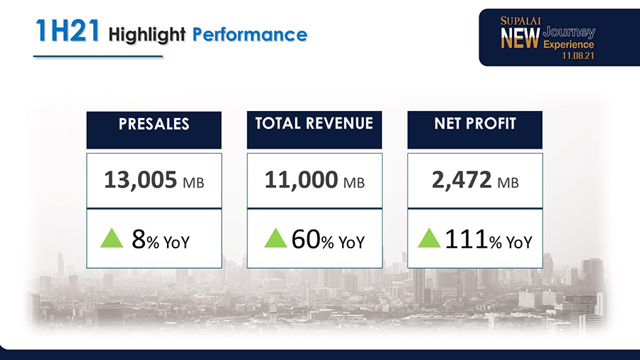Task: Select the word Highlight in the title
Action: pyautogui.click(x=147, y=33)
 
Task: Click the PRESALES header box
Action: pyautogui.click(x=154, y=125)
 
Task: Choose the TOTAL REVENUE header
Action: pyautogui.click(x=314, y=124)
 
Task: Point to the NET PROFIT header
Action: pyautogui.click(x=475, y=125)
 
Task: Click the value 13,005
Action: pyautogui.click(x=140, y=181)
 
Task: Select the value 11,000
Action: pyautogui.click(x=301, y=181)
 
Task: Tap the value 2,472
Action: pyautogui.click(x=461, y=181)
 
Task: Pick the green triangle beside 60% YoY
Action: pyautogui.click(x=275, y=238)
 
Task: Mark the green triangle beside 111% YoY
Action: pyautogui.click(x=429, y=238)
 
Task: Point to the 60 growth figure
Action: pyautogui.click(x=305, y=240)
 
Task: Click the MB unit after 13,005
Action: pyautogui.click(x=193, y=184)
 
